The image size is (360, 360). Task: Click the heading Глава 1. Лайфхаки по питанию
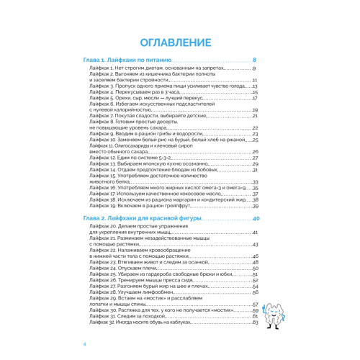[126, 60]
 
